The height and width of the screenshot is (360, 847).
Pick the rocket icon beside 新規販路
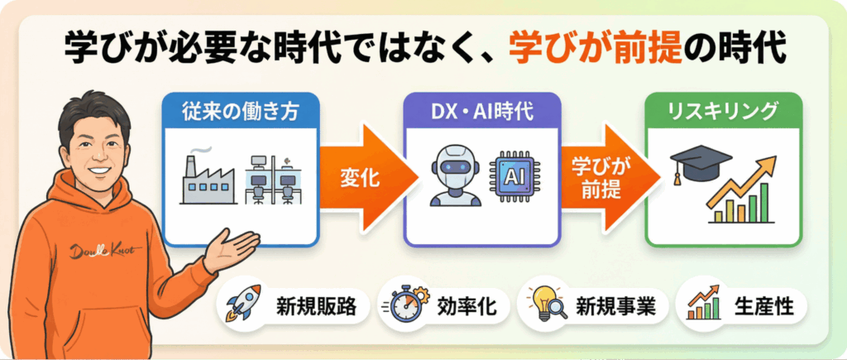click(243, 305)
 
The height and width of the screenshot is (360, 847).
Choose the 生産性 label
click(763, 306)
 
